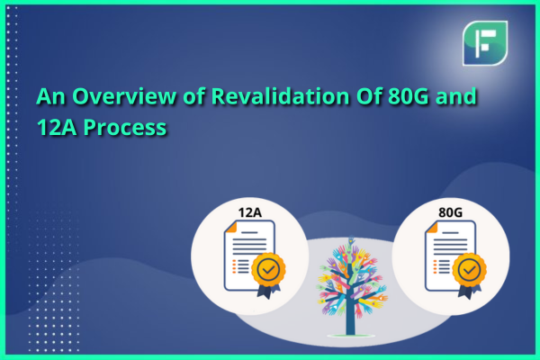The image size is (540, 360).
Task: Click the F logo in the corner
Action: (485, 43)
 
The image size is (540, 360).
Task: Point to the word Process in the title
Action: (125, 128)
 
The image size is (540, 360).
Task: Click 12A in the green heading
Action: (57, 128)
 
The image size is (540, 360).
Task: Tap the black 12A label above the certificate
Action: (250, 212)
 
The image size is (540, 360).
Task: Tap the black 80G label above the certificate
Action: (450, 212)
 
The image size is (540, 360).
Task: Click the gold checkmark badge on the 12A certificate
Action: (268, 270)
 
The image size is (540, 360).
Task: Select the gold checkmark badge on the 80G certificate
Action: (469, 270)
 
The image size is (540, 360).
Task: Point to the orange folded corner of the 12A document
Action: (231, 227)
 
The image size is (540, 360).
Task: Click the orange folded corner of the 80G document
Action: (432, 227)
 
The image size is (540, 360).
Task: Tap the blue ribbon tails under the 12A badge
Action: (268, 292)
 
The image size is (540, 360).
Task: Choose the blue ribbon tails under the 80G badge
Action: (469, 292)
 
